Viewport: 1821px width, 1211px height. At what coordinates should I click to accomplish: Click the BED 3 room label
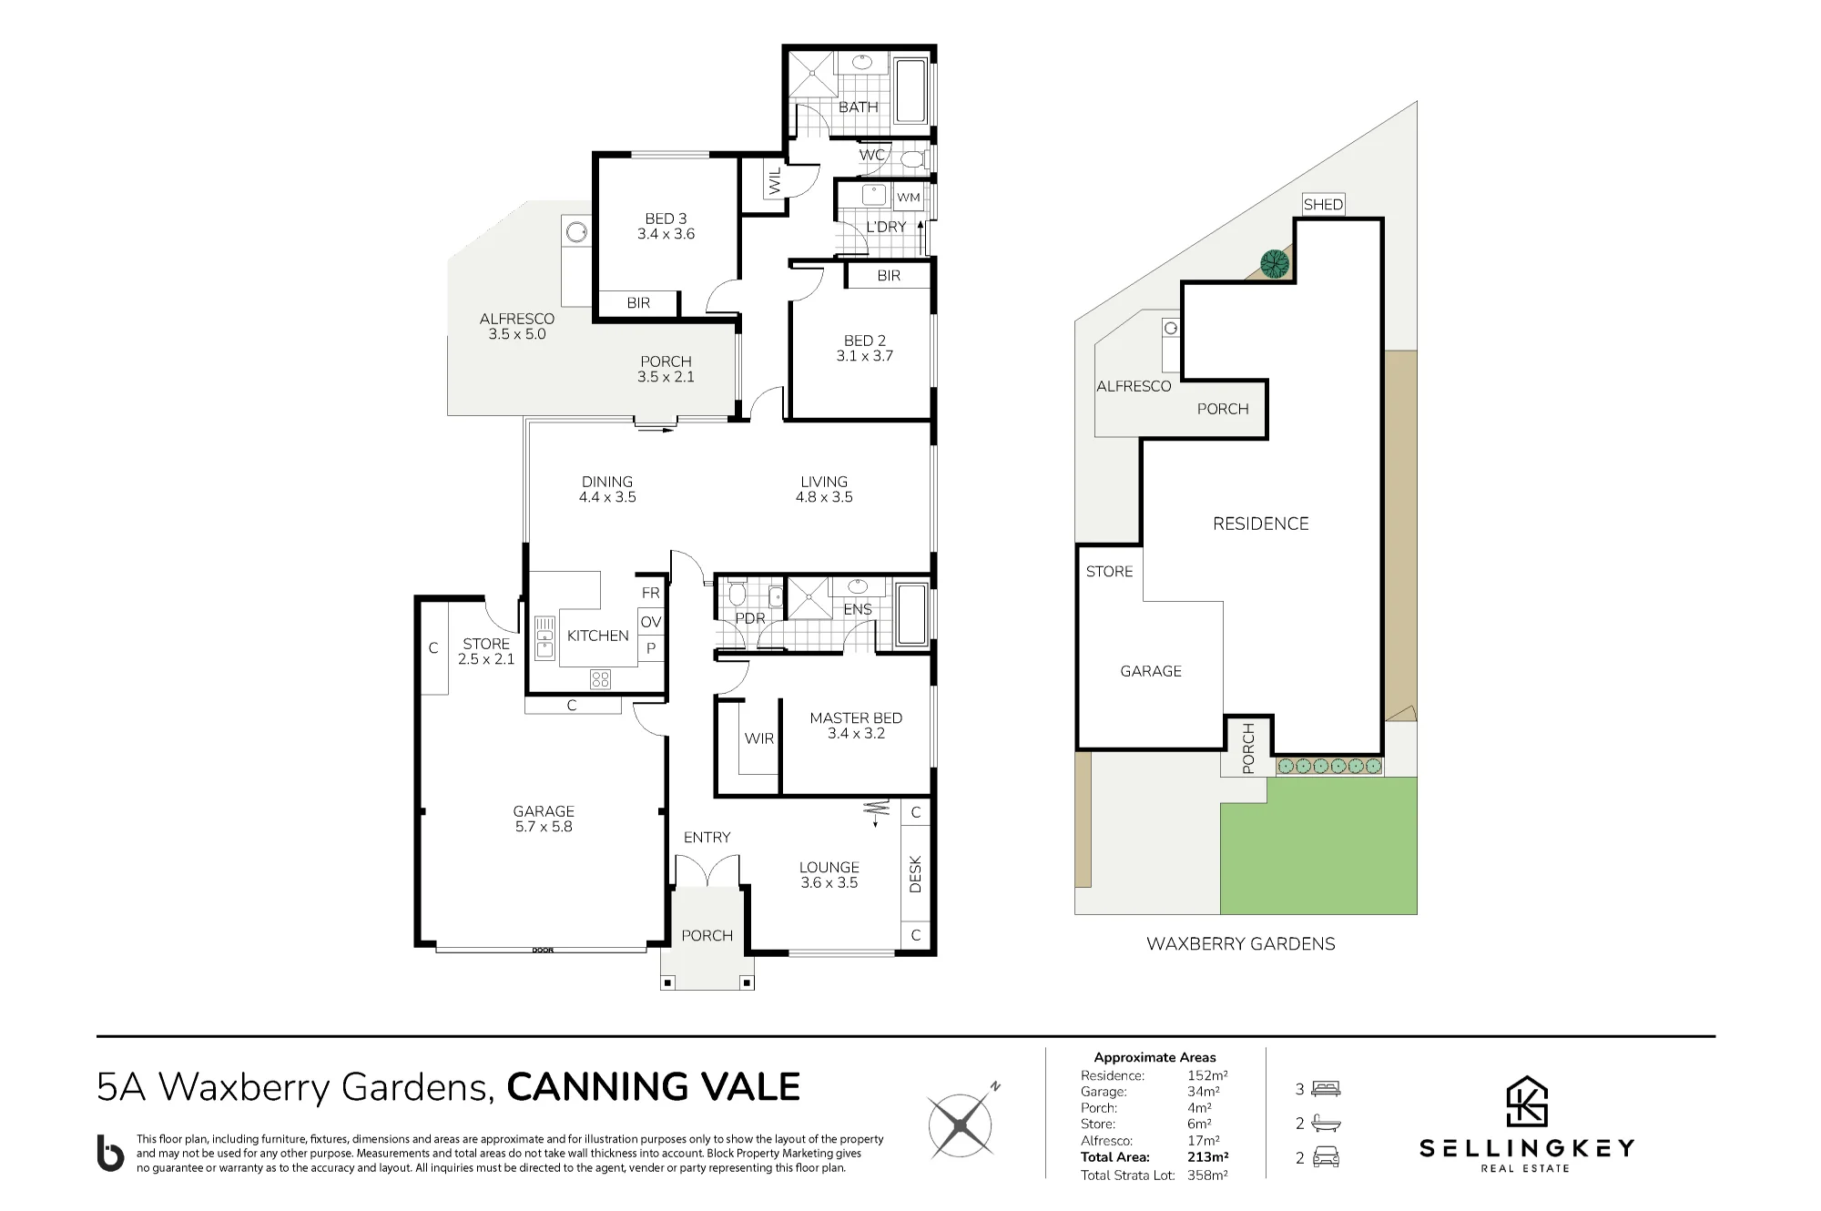click(x=666, y=226)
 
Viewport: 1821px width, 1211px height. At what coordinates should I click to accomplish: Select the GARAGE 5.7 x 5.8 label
click(x=544, y=819)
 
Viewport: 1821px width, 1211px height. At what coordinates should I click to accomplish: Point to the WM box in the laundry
click(x=909, y=197)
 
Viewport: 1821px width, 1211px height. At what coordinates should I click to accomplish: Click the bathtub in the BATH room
click(x=910, y=91)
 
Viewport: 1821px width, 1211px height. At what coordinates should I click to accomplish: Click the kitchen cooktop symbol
click(x=600, y=678)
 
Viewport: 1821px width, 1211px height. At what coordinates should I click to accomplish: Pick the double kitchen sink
click(x=544, y=636)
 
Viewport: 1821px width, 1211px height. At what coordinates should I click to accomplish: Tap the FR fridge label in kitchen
click(x=650, y=593)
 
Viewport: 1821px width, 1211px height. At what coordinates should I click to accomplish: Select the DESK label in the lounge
click(x=916, y=873)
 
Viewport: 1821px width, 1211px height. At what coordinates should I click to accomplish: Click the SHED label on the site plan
click(x=1323, y=204)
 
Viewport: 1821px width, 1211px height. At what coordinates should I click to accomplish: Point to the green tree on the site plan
click(x=1275, y=264)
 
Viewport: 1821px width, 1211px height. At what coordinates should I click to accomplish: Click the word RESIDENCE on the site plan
click(x=1260, y=524)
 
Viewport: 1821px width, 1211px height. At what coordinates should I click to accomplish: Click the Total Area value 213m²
click(x=1208, y=1157)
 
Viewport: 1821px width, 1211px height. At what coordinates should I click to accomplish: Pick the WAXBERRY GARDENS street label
click(x=1240, y=944)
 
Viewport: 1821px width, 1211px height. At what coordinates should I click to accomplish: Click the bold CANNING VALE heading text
click(x=654, y=1086)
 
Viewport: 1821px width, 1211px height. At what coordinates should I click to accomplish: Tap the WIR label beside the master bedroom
click(x=759, y=738)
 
